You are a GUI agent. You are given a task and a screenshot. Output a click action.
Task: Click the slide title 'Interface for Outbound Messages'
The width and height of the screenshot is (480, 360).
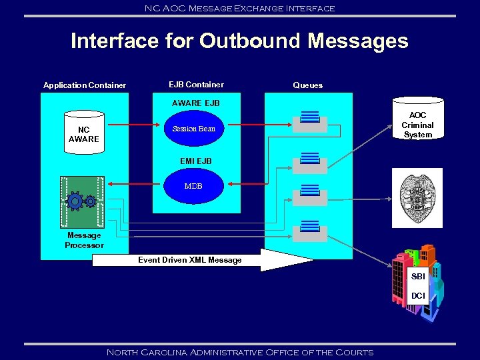pos(239,41)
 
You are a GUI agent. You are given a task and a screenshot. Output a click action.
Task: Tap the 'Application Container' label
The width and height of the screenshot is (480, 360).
pos(85,85)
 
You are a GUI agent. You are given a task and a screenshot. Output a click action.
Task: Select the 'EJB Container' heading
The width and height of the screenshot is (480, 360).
pos(196,85)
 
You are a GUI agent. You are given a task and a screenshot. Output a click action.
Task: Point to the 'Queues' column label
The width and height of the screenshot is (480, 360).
pos(307,85)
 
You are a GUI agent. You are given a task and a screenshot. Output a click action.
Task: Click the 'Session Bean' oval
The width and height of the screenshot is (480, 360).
pos(193,129)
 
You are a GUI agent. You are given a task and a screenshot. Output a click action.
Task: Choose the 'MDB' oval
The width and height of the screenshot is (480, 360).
pos(193,186)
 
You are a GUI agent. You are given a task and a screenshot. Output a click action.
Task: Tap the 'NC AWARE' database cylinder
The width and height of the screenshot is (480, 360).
pos(83,133)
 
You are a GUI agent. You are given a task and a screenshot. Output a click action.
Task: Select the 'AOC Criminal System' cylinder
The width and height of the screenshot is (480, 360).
pos(417,120)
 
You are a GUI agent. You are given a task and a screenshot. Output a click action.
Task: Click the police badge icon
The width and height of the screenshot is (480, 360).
pos(416,197)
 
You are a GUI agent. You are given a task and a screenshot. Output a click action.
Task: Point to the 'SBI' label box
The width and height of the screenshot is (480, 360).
pos(418,276)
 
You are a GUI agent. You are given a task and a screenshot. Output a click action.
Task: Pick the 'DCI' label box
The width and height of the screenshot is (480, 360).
pos(418,295)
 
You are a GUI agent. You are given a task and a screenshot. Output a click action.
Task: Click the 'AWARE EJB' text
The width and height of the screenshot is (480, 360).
pos(195,103)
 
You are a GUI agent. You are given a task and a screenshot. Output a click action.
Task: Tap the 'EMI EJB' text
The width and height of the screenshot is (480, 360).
pos(195,161)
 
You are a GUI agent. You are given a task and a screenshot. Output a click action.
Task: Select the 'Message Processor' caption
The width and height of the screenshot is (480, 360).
pos(84,240)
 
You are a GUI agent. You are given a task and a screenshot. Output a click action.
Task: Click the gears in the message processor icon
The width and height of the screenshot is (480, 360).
pos(82,201)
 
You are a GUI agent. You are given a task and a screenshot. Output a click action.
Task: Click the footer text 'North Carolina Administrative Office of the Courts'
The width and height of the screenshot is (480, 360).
pos(240,352)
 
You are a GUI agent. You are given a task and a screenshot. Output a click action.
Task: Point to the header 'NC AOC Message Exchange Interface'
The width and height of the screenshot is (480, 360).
pos(240,8)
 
